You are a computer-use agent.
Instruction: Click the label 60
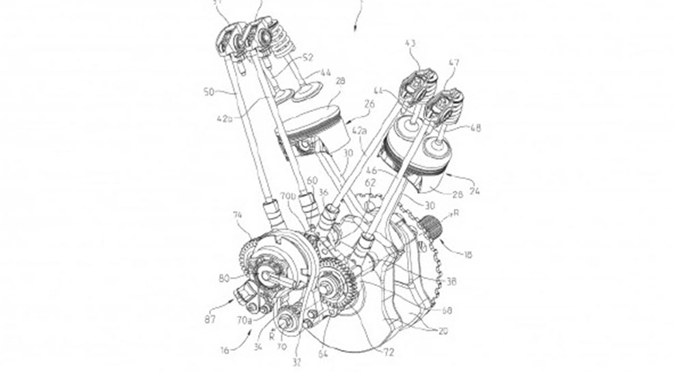(x=313, y=181)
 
